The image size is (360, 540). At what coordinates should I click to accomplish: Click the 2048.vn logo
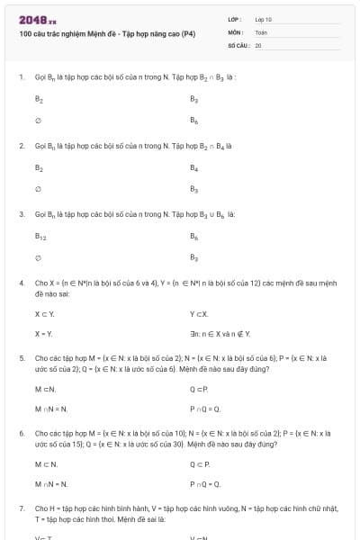click(x=38, y=19)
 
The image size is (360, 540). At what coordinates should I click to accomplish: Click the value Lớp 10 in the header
click(x=263, y=19)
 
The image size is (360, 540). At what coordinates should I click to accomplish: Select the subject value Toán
click(x=261, y=31)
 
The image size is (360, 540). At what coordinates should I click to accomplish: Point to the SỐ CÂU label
click(x=238, y=44)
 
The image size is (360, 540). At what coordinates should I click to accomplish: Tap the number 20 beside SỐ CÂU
click(x=258, y=44)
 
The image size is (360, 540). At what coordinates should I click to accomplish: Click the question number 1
click(x=21, y=77)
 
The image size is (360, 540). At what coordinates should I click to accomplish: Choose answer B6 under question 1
click(x=193, y=119)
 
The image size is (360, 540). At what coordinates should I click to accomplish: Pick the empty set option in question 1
click(x=38, y=119)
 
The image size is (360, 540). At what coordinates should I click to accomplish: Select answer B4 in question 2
click(x=193, y=167)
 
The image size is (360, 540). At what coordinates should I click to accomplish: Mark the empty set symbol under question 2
click(x=38, y=189)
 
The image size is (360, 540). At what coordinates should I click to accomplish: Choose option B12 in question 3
click(x=40, y=237)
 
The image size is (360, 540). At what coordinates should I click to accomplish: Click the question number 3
click(x=21, y=215)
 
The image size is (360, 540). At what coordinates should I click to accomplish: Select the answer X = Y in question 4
click(x=43, y=334)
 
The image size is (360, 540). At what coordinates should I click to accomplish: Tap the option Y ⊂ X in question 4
click(x=199, y=313)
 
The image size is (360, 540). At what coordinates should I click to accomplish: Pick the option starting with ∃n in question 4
click(x=220, y=334)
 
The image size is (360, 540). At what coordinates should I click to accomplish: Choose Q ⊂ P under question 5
click(x=199, y=389)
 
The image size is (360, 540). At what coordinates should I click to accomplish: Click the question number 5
click(x=21, y=357)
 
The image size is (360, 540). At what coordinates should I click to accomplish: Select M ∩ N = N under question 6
click(x=51, y=485)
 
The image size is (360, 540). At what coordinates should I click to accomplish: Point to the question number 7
click(x=21, y=508)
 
